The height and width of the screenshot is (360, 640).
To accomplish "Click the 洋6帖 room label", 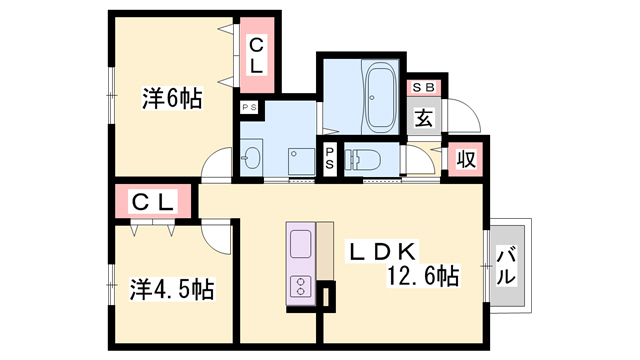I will pos(172,99).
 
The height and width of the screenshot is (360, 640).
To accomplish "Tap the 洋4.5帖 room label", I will pos(172,290).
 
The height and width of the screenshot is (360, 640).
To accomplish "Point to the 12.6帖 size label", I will pos(426,275).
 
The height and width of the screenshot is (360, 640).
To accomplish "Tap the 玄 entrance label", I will pos(424,118).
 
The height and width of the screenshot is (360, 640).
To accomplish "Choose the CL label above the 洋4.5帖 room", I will pos(154,203).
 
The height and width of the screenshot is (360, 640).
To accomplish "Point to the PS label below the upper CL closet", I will pos(248,106).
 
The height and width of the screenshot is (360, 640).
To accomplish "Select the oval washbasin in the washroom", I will pos(251,158).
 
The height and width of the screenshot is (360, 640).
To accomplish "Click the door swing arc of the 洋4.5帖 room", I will pos(215,235).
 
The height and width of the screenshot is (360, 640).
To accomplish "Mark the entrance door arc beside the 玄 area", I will pos(462,118).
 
